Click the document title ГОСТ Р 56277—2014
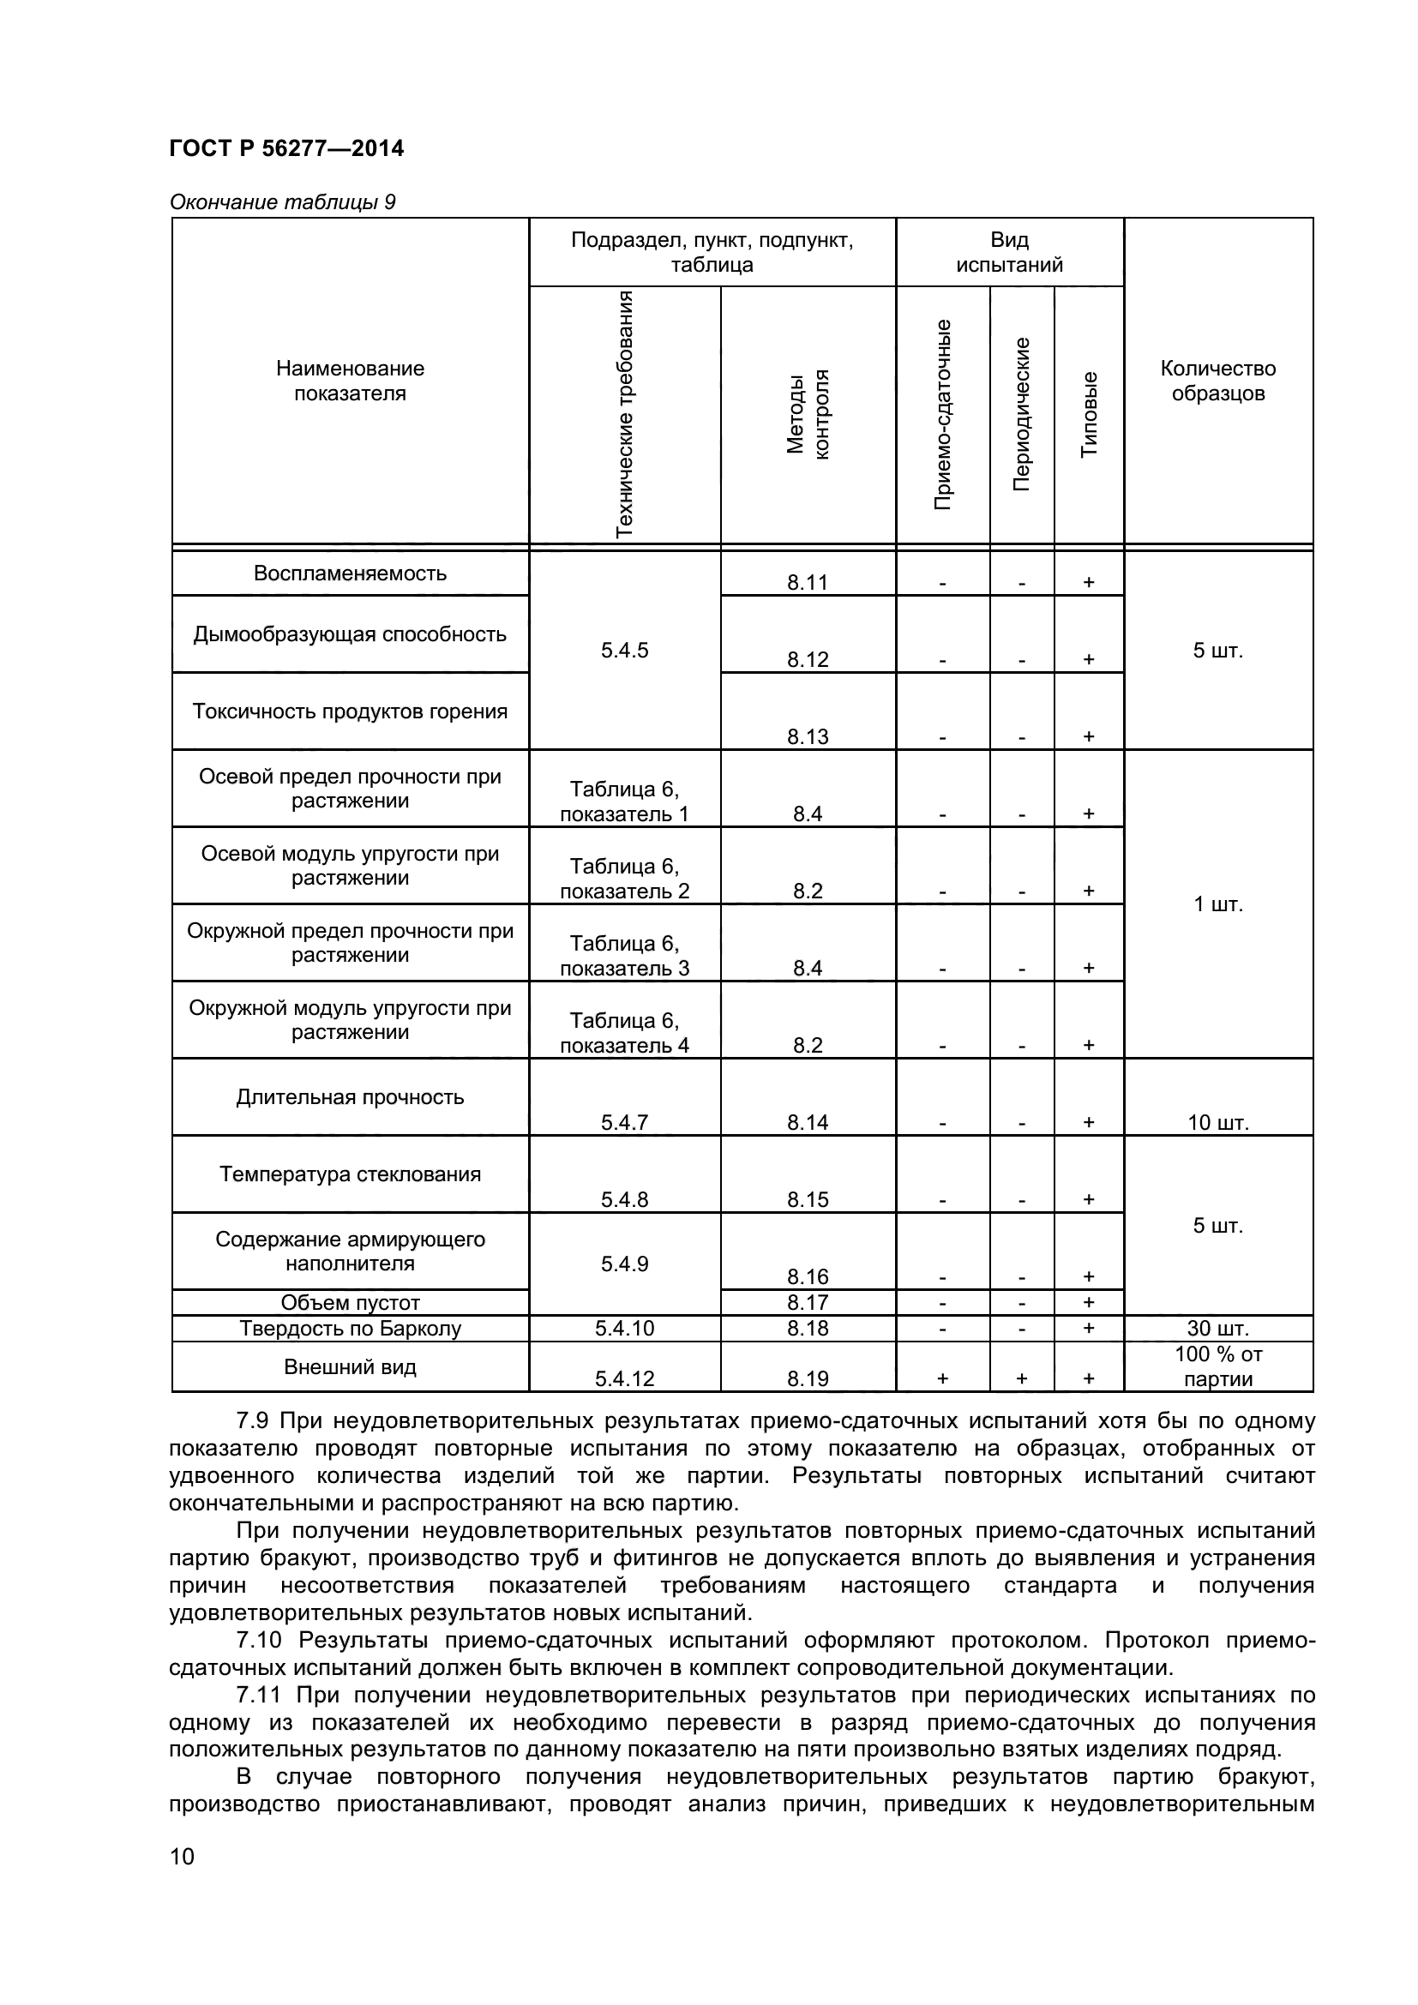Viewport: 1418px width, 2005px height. (x=286, y=148)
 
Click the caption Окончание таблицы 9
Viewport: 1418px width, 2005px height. (x=282, y=202)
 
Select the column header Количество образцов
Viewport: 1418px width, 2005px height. (x=1217, y=381)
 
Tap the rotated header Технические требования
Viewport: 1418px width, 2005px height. (x=624, y=415)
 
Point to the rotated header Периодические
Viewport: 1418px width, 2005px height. (x=1022, y=415)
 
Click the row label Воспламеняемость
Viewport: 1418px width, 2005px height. (x=350, y=573)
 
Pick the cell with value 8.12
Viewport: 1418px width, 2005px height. (x=807, y=659)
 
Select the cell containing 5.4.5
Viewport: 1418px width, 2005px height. (x=624, y=651)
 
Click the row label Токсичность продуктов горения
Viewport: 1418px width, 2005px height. (x=350, y=711)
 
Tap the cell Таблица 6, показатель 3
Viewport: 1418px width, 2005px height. (x=624, y=955)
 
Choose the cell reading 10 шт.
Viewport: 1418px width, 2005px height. (x=1217, y=1123)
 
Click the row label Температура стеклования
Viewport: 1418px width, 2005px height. (x=350, y=1174)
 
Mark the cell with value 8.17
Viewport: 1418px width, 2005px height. (x=807, y=1303)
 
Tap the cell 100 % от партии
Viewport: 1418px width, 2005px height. (x=1217, y=1366)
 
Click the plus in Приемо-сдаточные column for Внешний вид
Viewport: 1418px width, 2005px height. (x=942, y=1379)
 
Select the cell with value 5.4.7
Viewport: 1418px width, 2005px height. (x=624, y=1123)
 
